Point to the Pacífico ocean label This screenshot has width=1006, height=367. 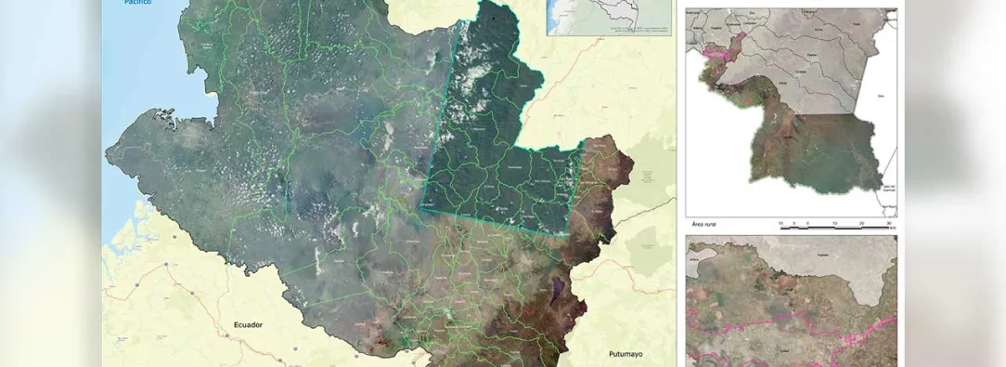click(137, 3)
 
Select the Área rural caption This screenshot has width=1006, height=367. click(708, 224)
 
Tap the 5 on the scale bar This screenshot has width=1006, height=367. click(808, 223)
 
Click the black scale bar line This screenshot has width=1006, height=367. click(835, 229)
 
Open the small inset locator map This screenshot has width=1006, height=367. click(608, 18)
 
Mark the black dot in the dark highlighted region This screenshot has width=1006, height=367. click(495, 16)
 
